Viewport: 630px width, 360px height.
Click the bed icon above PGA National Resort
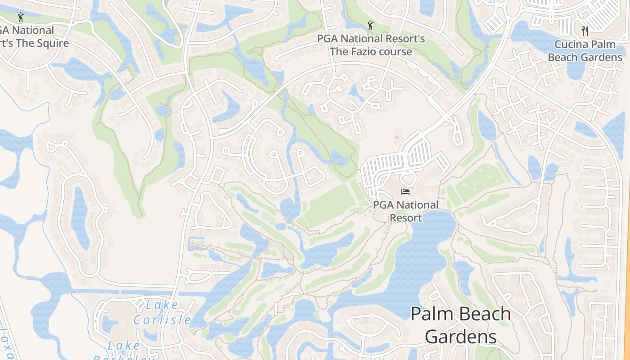[x=405, y=192]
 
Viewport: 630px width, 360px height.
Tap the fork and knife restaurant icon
[x=585, y=31]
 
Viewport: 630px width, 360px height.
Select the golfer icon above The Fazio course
[x=370, y=25]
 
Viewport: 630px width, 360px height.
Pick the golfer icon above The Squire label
[x=20, y=18]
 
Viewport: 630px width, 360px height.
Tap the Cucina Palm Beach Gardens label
[x=585, y=51]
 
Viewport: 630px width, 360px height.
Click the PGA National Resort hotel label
[x=405, y=211]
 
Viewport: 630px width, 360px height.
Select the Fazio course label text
[x=371, y=45]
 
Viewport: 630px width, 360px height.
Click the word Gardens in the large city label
[x=460, y=337]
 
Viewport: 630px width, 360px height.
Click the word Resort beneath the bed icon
[x=405, y=218]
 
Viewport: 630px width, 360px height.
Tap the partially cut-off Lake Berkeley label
[x=123, y=351]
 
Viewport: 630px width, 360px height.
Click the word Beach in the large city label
[x=483, y=314]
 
